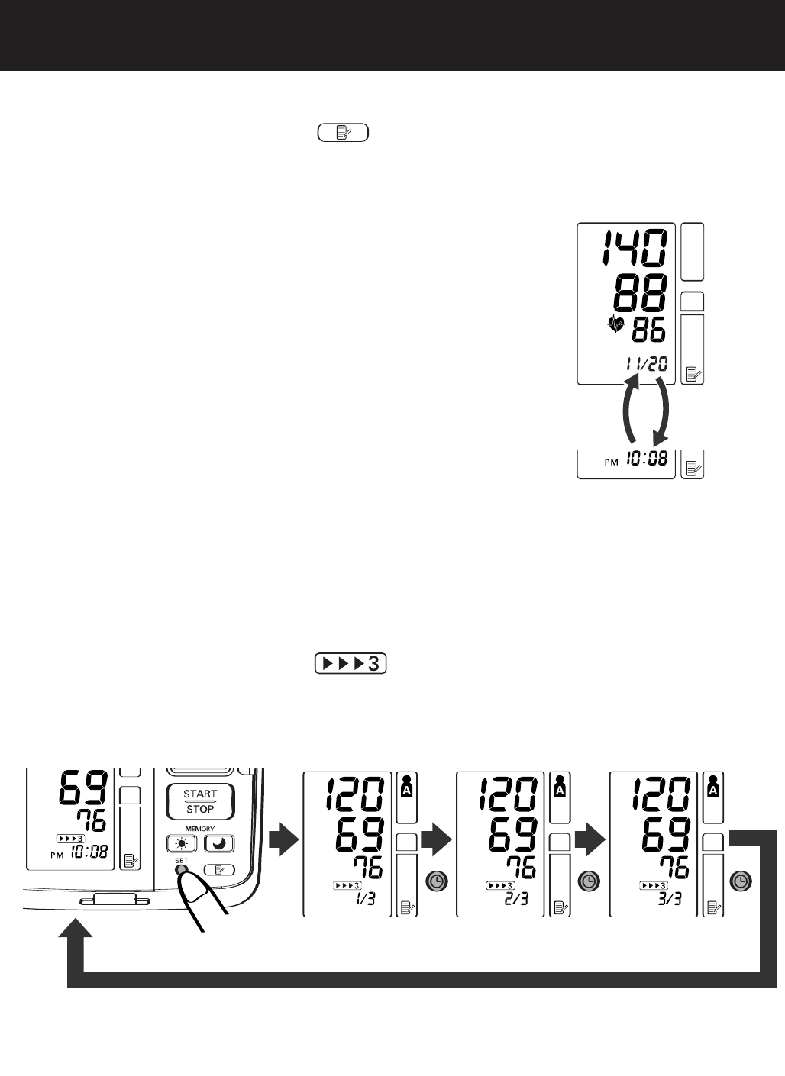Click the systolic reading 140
[x=633, y=248]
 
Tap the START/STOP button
[x=199, y=801]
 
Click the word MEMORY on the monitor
[x=199, y=829]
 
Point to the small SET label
[x=180, y=860]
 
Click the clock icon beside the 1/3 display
[x=437, y=881]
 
